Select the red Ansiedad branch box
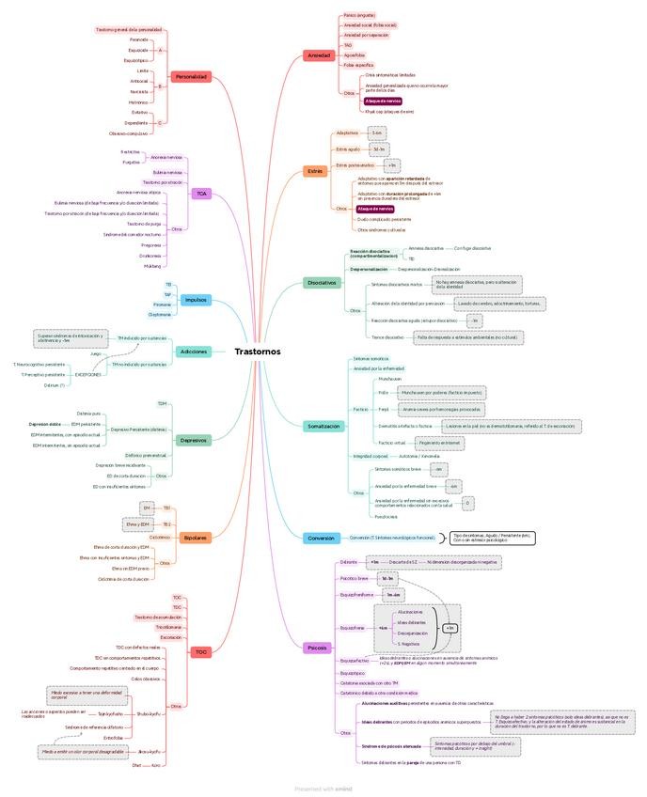point(319,55)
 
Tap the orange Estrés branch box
point(315,171)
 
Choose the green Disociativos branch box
point(322,282)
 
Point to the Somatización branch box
point(323,426)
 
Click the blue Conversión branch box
point(320,539)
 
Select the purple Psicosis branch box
point(318,648)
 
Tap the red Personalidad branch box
point(191,76)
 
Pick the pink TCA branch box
point(200,194)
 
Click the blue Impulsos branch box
point(196,300)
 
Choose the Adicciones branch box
point(193,351)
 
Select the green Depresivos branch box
point(193,439)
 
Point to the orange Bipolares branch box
point(194,538)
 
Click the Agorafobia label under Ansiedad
point(355,55)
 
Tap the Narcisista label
point(139,91)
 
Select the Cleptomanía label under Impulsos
point(160,315)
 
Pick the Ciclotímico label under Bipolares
point(160,537)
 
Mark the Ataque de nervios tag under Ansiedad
point(383,100)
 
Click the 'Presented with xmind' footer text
point(323,789)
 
